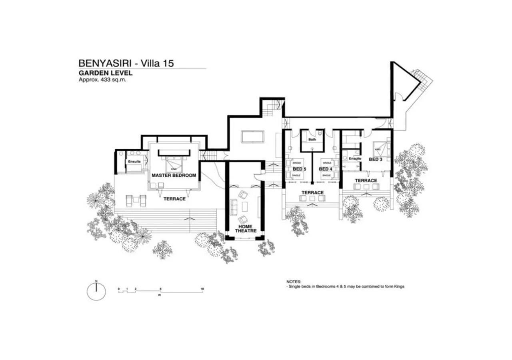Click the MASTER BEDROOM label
(174, 175)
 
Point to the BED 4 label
(326, 169)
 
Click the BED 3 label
(375, 159)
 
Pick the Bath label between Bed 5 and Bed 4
(312, 140)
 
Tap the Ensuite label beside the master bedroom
(134, 162)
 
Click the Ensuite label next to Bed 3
(354, 159)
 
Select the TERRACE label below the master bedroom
(174, 199)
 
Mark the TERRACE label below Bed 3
(366, 181)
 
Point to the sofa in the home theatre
(234, 206)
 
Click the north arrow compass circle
(96, 291)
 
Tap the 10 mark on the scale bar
(202, 289)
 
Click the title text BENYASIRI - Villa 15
(126, 63)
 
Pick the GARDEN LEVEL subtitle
(105, 73)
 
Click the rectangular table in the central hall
(252, 136)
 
